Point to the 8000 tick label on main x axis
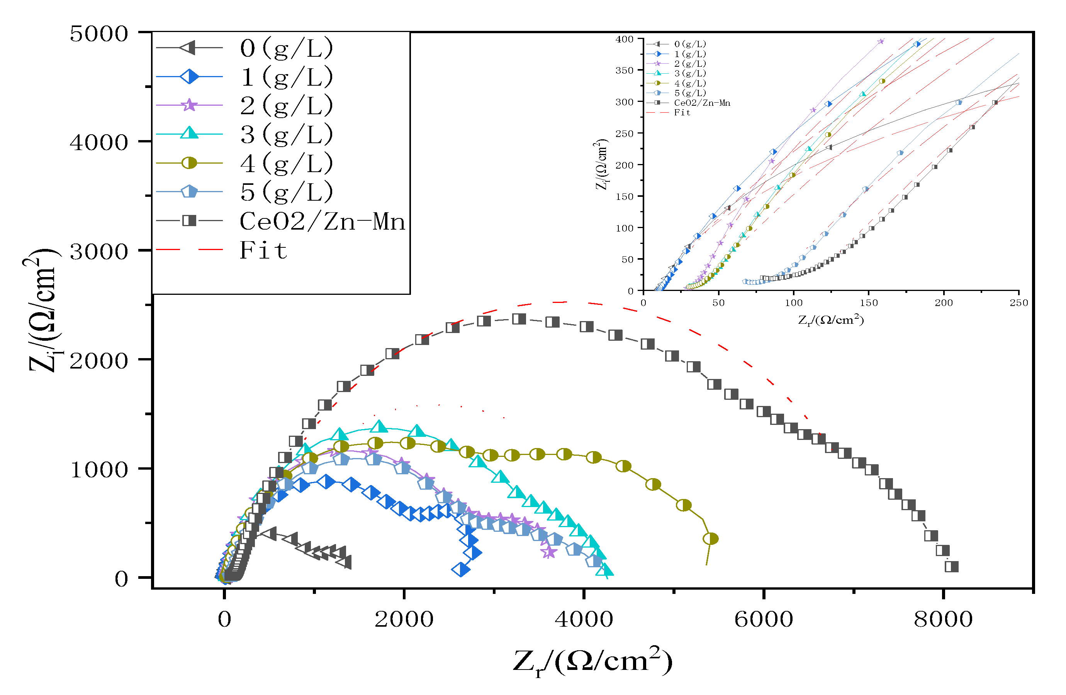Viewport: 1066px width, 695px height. click(x=943, y=619)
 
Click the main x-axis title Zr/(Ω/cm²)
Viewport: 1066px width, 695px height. click(x=592, y=661)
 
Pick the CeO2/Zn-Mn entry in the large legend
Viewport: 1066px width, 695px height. click(x=322, y=221)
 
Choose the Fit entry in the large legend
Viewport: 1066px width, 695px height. click(x=263, y=250)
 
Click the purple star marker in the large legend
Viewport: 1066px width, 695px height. click(x=190, y=105)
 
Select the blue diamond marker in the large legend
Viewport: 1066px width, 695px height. click(x=190, y=76)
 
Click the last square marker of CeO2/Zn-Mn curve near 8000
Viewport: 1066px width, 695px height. click(x=951, y=566)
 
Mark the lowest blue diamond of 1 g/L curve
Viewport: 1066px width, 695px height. click(x=461, y=570)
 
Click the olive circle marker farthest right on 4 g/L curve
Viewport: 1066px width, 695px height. click(x=711, y=538)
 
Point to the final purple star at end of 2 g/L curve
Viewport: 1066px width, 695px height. click(x=549, y=552)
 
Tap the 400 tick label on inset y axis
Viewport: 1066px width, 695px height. click(x=624, y=39)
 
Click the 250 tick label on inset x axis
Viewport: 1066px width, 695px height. click(x=1018, y=303)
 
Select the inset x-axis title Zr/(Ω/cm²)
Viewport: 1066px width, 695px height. click(x=830, y=320)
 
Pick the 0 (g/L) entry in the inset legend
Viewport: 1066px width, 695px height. click(x=690, y=44)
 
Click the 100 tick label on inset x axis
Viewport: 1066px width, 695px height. click(x=793, y=303)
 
